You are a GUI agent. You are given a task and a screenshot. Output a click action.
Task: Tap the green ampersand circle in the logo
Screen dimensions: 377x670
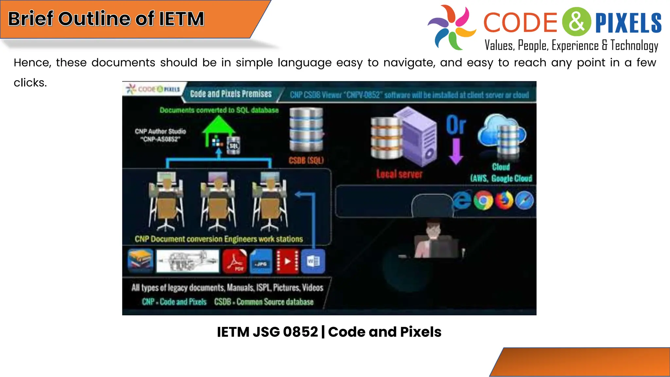577,22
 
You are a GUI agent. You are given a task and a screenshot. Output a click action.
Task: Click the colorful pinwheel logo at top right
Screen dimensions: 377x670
452,27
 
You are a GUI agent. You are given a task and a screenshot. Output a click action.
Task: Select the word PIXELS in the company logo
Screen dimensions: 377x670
628,23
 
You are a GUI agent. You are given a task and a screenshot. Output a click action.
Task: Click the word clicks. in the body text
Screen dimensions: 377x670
30,83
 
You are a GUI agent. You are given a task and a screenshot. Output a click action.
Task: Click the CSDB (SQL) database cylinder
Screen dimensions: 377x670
306,130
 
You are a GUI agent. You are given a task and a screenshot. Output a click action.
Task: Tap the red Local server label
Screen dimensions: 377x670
399,174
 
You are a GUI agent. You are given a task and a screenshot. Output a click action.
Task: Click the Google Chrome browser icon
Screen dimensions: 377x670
484,200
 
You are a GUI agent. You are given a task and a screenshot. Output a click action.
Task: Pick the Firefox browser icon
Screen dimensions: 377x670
504,200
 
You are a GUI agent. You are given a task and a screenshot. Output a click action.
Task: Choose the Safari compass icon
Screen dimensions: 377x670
524,200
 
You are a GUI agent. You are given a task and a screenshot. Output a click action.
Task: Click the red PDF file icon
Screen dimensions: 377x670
235,261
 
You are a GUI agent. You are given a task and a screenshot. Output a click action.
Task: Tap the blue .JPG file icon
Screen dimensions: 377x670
261,261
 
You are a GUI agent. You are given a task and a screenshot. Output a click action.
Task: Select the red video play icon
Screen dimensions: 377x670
287,261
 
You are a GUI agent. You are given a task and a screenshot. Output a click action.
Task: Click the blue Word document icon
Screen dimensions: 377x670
313,261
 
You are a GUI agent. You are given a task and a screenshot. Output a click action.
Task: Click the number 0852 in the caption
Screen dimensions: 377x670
300,332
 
